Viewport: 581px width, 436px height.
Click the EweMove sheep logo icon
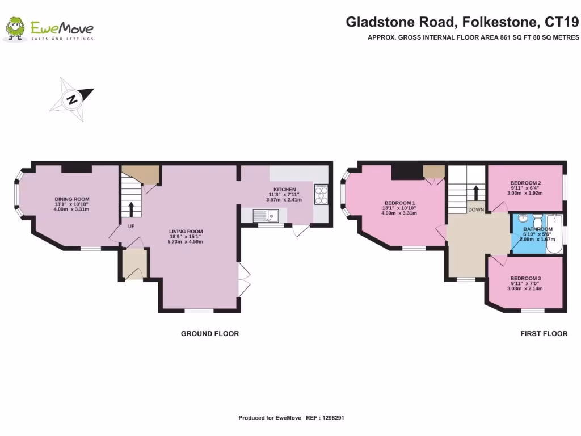pos(15,28)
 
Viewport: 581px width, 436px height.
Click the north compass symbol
pos(72,100)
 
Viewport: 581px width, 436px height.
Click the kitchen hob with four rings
pos(321,194)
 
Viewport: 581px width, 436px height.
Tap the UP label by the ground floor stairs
pos(131,226)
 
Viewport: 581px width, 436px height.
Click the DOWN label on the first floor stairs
pos(475,209)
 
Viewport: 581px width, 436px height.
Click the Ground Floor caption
pos(209,334)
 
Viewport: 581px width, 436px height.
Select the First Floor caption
pos(544,334)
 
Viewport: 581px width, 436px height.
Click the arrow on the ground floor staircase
pos(132,208)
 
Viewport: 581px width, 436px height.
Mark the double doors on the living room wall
pos(242,280)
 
